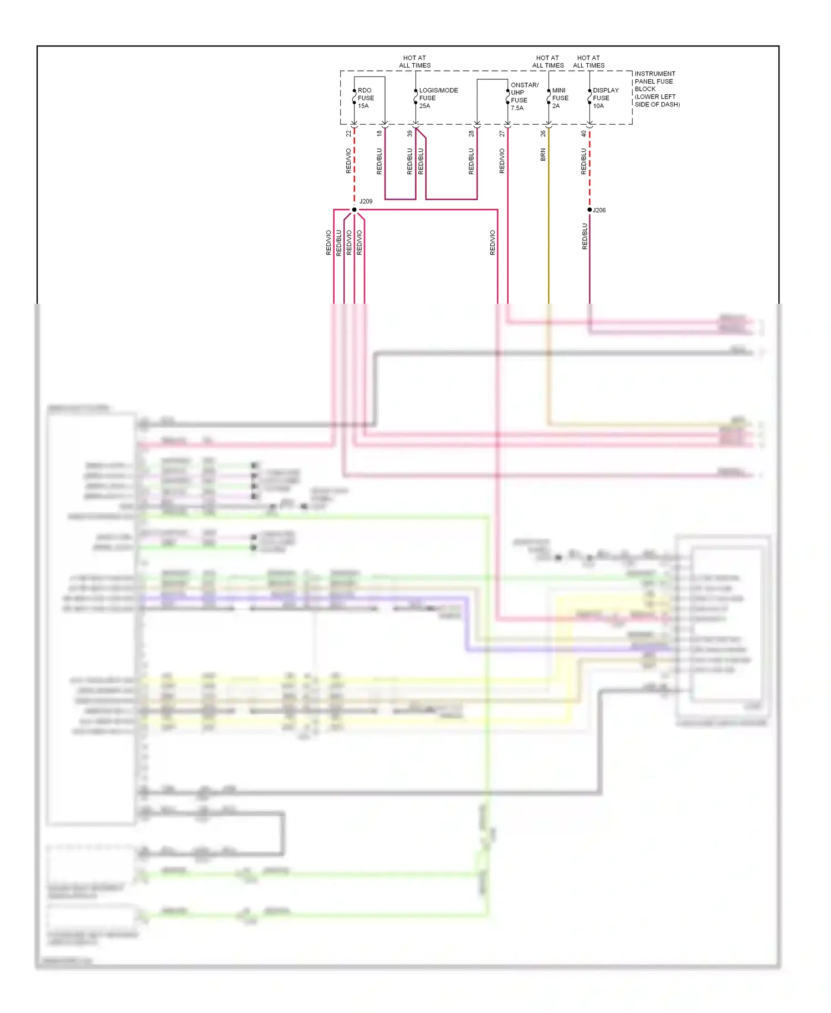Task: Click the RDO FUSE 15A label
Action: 365,98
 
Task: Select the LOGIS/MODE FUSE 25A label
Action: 438,98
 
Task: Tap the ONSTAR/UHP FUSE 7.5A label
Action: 524,96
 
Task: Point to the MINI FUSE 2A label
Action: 560,98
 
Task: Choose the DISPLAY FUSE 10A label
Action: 605,98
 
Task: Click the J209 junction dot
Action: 354,209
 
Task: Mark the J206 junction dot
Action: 589,209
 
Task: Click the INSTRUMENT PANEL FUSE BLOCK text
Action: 656,89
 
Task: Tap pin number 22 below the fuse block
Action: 348,134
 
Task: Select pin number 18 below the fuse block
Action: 379,134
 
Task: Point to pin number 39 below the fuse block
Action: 410,134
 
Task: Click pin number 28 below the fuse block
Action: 471,134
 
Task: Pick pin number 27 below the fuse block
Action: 502,134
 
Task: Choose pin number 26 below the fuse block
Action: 543,134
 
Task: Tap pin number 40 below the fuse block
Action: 584,134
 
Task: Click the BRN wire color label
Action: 543,155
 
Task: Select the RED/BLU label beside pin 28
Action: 471,161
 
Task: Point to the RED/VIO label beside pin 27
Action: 502,161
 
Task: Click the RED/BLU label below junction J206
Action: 584,237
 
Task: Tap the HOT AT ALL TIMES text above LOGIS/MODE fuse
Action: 414,62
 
